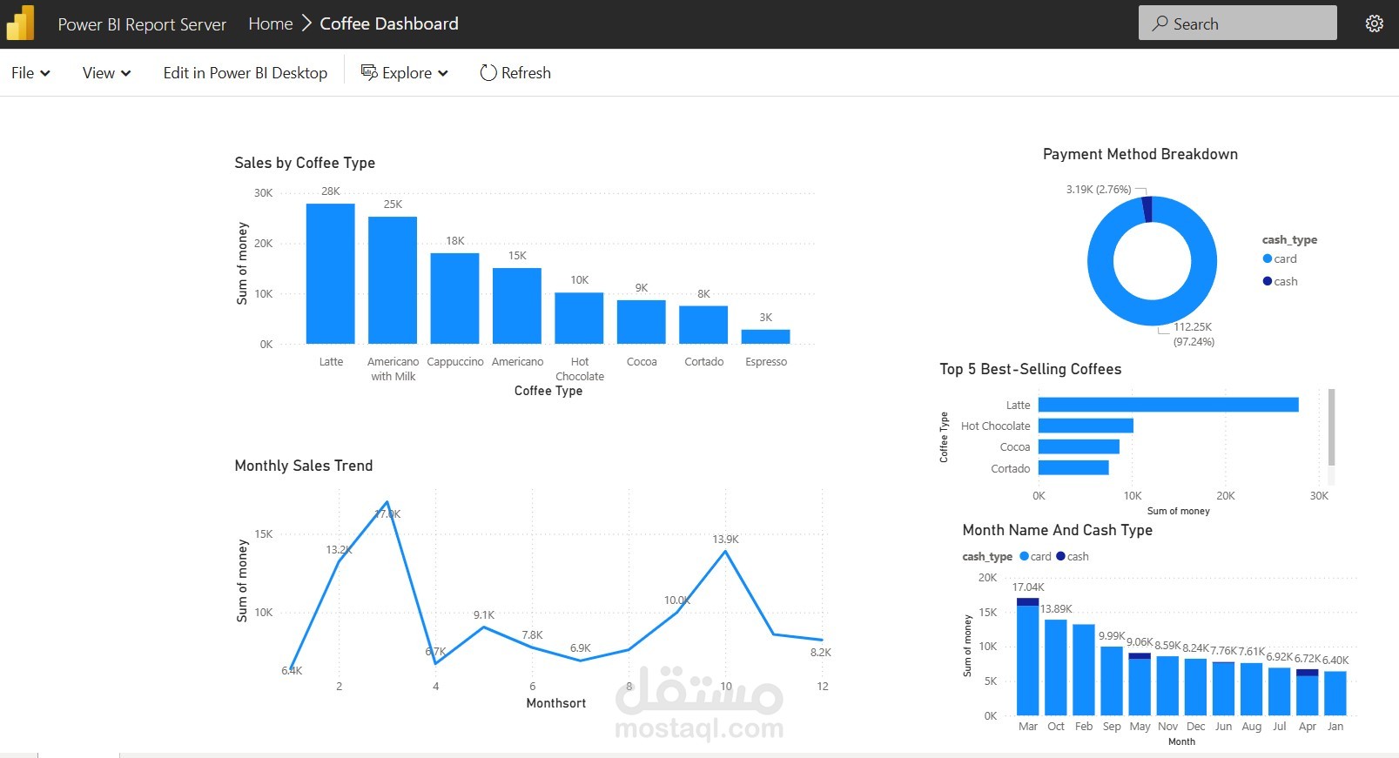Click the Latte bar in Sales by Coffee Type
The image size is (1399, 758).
pos(330,274)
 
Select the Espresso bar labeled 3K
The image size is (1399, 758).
pos(765,337)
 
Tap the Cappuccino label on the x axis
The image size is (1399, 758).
pos(455,362)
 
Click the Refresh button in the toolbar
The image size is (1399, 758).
pos(515,73)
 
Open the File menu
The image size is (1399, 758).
pos(30,73)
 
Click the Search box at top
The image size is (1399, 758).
pos(1237,23)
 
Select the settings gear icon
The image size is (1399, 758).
pos(1374,23)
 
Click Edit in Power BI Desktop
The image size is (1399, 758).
pos(245,73)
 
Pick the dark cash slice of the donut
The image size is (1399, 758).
pos(1147,209)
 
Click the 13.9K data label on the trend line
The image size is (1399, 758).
pos(725,540)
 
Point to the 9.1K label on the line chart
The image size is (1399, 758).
pos(484,615)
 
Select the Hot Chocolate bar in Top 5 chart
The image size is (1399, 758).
pos(1085,426)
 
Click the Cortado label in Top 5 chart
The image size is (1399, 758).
pos(1010,468)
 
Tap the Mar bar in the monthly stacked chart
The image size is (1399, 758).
pos(1027,661)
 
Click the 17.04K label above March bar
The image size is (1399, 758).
pos(1028,587)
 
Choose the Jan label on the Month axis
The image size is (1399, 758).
pos(1335,727)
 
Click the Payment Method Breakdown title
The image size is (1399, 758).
pos(1140,154)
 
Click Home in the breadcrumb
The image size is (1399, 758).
pos(270,23)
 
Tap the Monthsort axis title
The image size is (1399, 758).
pos(555,703)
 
